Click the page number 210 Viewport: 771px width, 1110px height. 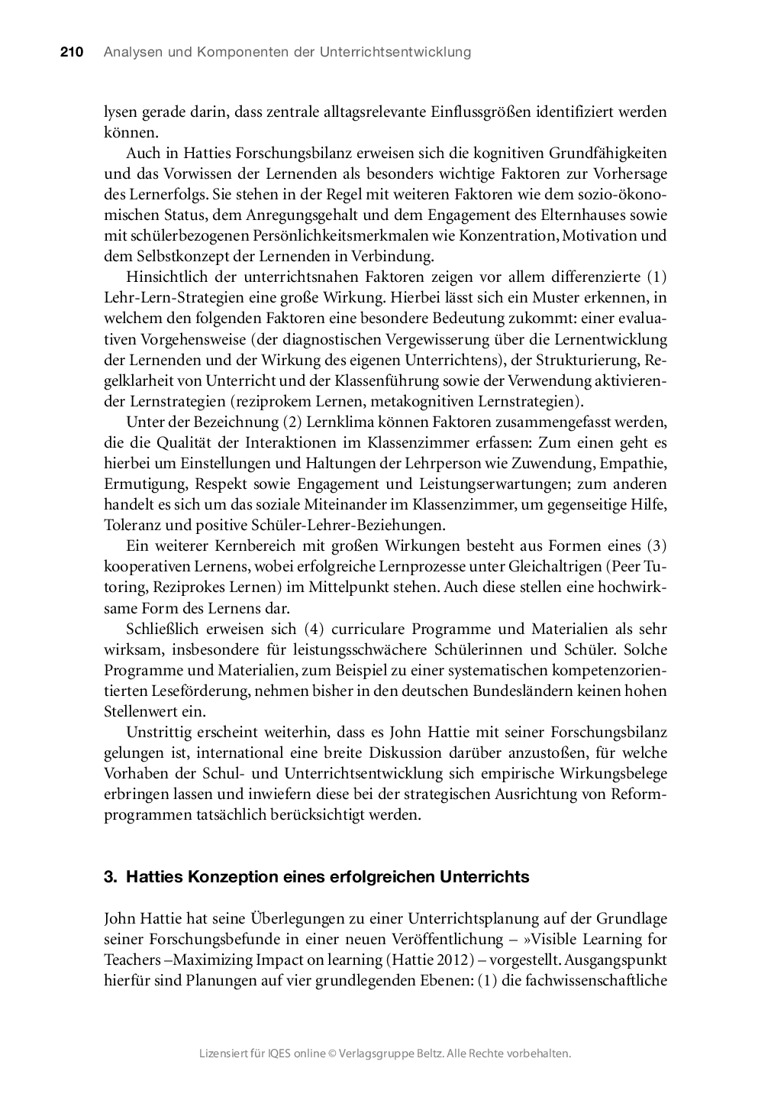[71, 52]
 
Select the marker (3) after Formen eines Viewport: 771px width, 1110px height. [656, 545]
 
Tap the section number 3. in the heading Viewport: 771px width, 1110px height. [110, 877]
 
